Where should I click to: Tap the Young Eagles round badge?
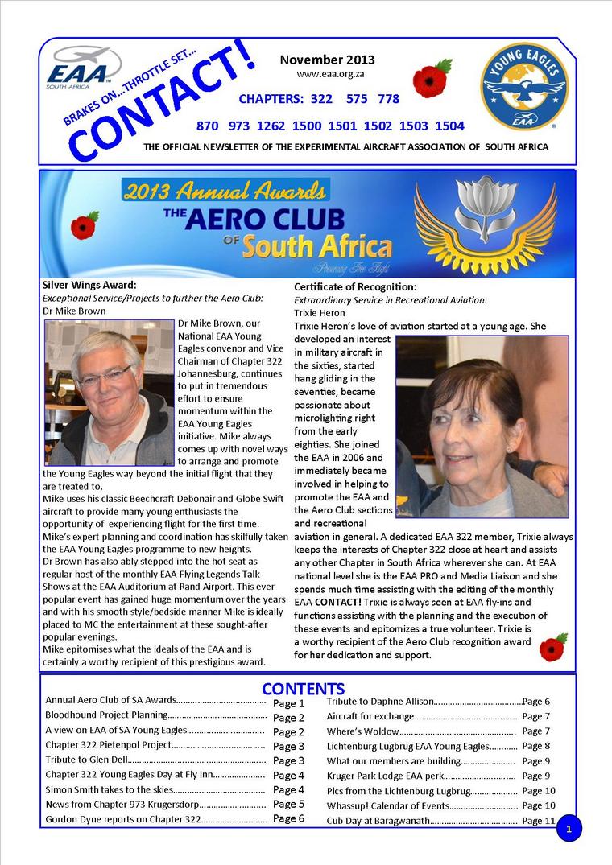click(x=524, y=87)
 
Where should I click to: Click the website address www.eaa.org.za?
click(x=326, y=74)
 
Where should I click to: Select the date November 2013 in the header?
click(x=327, y=60)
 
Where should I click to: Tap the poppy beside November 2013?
click(x=431, y=80)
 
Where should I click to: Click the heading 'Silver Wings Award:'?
click(x=89, y=285)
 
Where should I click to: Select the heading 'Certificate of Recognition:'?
click(x=355, y=286)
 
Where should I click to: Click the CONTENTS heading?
click(x=303, y=689)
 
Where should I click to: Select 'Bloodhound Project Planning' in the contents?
click(x=105, y=715)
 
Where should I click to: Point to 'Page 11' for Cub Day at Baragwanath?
click(x=539, y=821)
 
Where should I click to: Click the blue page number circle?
click(x=569, y=828)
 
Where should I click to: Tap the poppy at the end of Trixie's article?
click(x=552, y=647)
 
